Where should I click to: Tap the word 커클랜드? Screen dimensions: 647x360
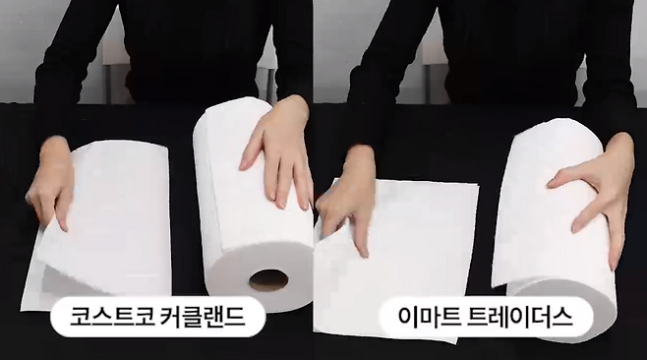201,317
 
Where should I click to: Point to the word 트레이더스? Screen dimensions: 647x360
520,317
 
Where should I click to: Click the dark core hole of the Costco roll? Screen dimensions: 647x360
268,280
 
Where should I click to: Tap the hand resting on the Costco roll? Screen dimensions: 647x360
277,152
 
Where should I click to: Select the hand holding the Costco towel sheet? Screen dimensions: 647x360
51,182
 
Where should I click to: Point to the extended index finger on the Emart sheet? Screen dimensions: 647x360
360,233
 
